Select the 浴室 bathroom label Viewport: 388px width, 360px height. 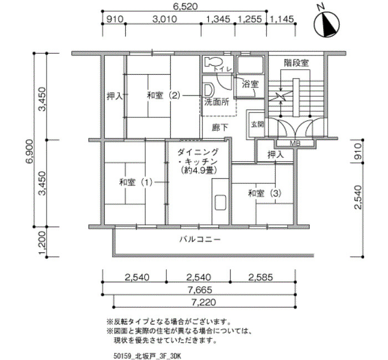pos(250,84)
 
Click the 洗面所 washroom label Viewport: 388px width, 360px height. pos(217,102)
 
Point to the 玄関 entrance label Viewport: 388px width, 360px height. pos(257,125)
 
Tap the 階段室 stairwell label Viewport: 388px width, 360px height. pos(296,63)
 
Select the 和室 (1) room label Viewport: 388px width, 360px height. pos(136,182)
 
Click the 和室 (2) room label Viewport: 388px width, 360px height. pos(164,95)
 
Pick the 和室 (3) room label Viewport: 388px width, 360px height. pos(265,193)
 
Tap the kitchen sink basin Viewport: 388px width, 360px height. pos(220,203)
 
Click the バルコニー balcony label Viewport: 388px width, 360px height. pos(200,239)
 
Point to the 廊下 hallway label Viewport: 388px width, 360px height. pos(220,127)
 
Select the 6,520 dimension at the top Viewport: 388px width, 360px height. pos(185,7)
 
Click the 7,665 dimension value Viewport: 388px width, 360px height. pos(200,290)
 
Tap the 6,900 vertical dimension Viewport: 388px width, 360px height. pos(29,152)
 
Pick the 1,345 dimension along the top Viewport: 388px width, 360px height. pos(218,19)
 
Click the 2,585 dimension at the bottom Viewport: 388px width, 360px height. pos(261,277)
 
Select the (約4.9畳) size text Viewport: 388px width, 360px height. pos(198,170)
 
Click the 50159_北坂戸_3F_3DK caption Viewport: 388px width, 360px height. pos(147,356)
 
